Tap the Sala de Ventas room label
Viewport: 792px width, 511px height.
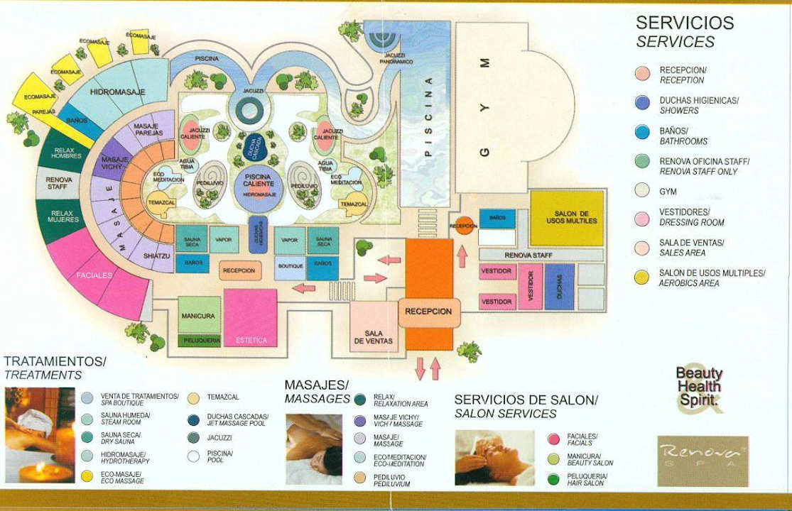click(x=374, y=336)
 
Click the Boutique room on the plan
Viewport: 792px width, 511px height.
click(x=291, y=266)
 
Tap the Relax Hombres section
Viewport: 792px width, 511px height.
click(x=66, y=152)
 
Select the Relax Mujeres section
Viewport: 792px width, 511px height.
click(x=63, y=216)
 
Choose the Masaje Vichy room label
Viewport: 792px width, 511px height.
click(x=113, y=163)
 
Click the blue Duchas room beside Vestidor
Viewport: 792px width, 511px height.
click(x=559, y=287)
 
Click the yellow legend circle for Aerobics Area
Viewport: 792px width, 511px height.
click(x=642, y=278)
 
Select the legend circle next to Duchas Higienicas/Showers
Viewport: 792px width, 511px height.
click(x=642, y=103)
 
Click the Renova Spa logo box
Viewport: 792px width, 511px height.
click(x=703, y=461)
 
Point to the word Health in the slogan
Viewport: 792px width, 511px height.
click(x=699, y=387)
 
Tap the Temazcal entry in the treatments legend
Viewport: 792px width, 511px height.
click(x=223, y=397)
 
